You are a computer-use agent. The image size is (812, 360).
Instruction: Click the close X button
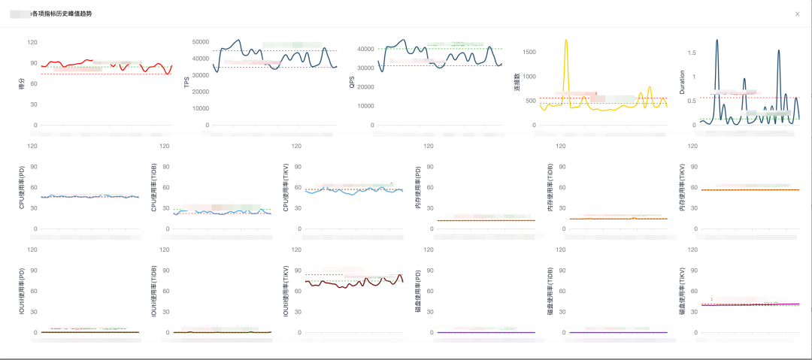click(798, 14)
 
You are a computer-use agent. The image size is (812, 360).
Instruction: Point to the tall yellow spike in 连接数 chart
click(566, 41)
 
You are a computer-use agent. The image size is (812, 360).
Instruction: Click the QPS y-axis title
click(352, 83)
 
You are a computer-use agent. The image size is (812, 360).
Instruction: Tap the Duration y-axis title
click(682, 83)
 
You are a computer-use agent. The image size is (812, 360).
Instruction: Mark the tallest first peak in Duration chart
click(717, 40)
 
